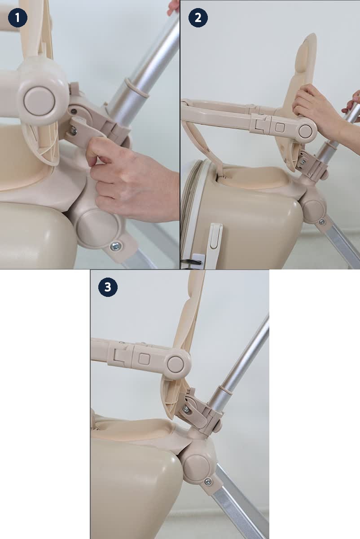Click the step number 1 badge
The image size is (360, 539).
18,18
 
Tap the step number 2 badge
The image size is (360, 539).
198,18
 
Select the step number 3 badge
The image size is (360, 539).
108,287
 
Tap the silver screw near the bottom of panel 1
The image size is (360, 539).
116,246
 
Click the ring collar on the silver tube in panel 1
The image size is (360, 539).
136,88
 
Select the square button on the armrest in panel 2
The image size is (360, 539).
280,127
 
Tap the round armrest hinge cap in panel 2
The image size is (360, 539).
305,131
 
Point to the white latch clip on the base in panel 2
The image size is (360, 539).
215,236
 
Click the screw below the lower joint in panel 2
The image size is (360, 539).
321,222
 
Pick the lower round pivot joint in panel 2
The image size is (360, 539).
314,209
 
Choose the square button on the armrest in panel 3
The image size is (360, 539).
144,359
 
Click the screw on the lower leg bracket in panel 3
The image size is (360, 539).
208,482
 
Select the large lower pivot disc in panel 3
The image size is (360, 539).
197,466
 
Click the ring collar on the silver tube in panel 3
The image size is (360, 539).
225,393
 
